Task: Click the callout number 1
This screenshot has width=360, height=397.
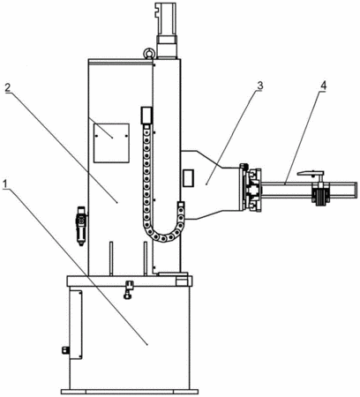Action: pos(4,184)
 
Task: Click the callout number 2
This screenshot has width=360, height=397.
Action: pos(8,87)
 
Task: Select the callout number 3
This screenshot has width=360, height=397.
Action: pos(259,86)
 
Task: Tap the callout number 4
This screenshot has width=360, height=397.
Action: pos(323,86)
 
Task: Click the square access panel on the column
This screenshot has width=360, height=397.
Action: pos(111,143)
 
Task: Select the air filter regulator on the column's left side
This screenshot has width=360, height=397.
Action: pos(81,225)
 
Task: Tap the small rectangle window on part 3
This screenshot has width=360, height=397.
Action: pos(188,177)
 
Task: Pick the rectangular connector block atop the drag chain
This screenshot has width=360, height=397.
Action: pos(146,115)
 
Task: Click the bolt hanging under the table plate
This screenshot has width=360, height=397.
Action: pos(129,289)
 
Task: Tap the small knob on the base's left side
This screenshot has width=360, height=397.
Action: pos(65,350)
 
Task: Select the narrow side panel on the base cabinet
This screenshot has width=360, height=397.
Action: pos(75,325)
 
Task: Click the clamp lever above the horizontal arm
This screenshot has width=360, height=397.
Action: pos(311,174)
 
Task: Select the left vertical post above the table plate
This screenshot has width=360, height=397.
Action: pos(111,258)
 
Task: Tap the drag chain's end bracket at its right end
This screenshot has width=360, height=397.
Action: pos(181,205)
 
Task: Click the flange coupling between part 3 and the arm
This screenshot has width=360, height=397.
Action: pos(250,188)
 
